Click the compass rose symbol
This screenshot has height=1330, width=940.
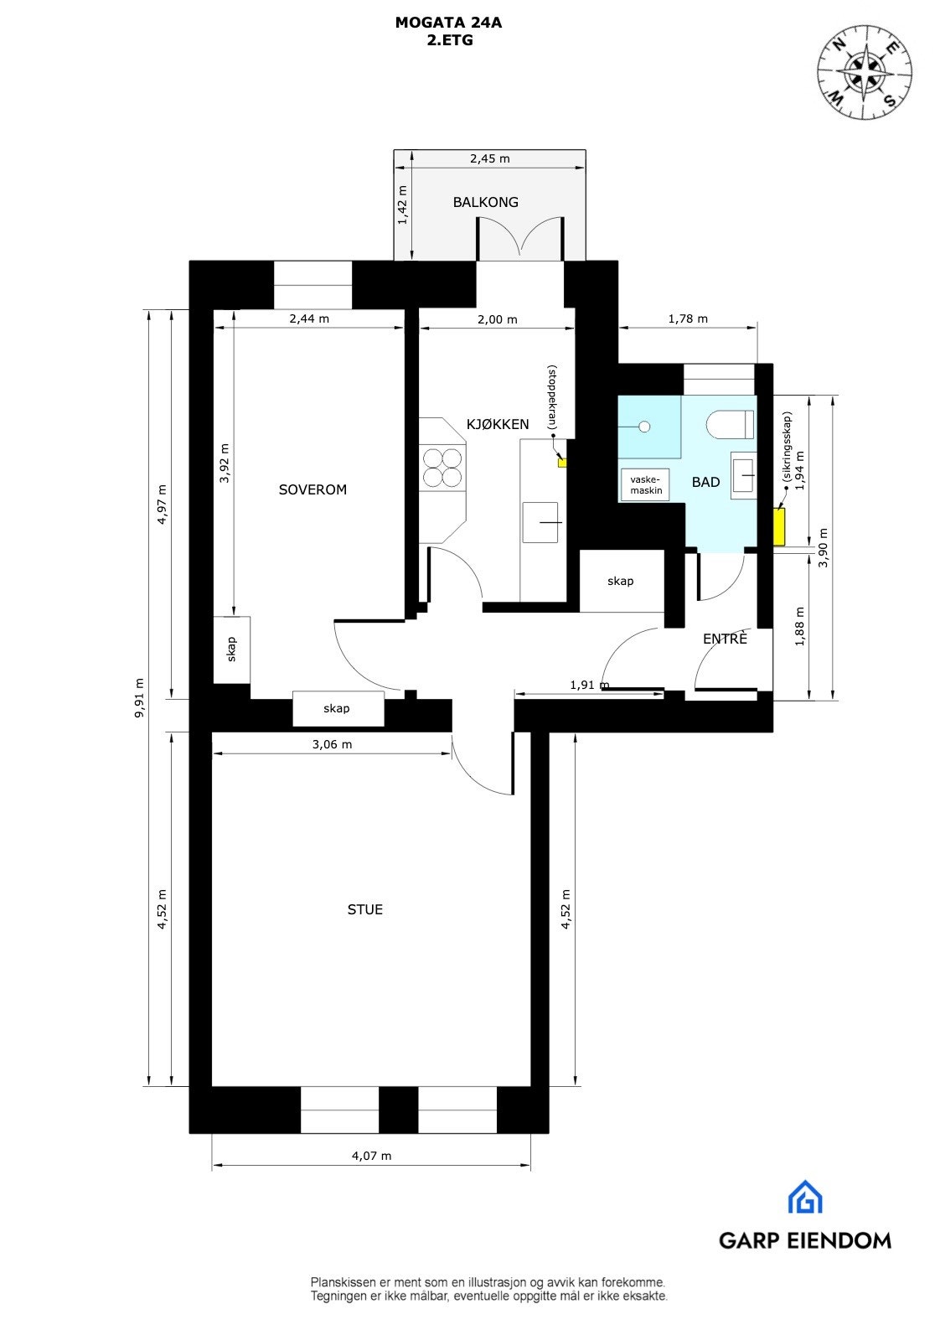click(865, 72)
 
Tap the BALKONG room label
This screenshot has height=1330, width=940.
click(485, 202)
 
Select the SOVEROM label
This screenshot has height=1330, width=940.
click(312, 489)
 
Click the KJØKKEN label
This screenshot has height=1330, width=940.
click(498, 424)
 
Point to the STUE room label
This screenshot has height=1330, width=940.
click(365, 909)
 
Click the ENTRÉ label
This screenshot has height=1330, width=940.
click(725, 639)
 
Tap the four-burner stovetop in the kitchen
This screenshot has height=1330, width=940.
click(442, 467)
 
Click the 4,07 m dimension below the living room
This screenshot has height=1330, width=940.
click(371, 1156)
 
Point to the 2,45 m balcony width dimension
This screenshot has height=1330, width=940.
click(489, 158)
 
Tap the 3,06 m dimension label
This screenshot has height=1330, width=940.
click(332, 744)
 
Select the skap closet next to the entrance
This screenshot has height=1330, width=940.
click(621, 581)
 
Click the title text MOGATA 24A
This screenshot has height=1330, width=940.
click(448, 23)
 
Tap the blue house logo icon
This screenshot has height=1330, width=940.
click(805, 1197)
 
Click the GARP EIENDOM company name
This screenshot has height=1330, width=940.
click(804, 1240)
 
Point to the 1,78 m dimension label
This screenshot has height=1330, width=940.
click(688, 318)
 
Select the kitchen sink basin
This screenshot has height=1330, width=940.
click(541, 522)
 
